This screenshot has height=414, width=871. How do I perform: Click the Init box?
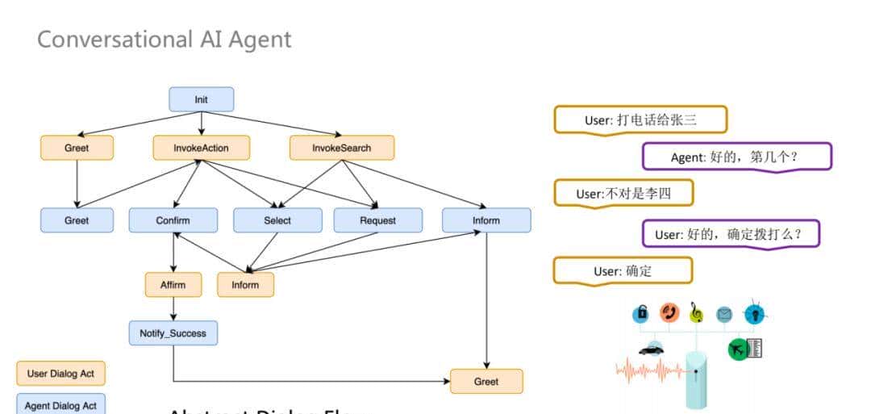(x=201, y=99)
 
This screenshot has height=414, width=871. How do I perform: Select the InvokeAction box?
(x=201, y=148)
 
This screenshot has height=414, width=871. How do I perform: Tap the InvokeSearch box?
(x=342, y=148)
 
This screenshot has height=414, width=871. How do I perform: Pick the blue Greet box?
(x=77, y=220)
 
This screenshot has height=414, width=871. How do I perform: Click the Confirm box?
(x=173, y=220)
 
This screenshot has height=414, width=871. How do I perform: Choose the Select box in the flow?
(x=277, y=220)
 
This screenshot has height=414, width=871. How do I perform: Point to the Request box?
(x=377, y=220)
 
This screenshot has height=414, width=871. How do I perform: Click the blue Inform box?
(x=486, y=220)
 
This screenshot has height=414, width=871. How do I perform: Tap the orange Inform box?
(x=245, y=284)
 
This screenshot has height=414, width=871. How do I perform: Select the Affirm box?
(x=173, y=284)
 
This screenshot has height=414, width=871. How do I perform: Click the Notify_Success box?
(x=173, y=332)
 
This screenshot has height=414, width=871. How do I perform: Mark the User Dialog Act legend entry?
(x=60, y=374)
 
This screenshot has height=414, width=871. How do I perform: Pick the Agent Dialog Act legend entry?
(x=60, y=405)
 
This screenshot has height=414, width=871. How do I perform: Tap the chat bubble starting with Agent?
(x=736, y=157)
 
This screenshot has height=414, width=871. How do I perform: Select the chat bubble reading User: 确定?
(x=622, y=271)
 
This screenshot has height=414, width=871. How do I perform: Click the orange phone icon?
(x=669, y=312)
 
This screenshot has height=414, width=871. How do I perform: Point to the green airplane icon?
(x=737, y=349)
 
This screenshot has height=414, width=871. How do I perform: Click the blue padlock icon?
(x=641, y=313)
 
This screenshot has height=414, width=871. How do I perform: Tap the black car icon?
(x=651, y=349)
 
